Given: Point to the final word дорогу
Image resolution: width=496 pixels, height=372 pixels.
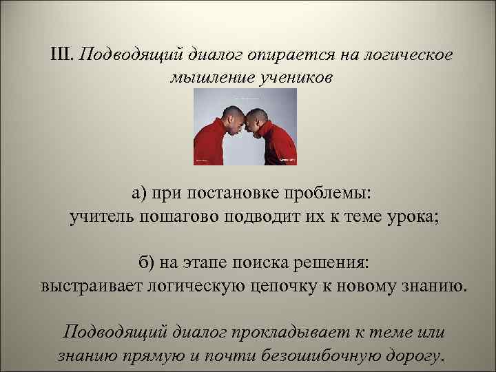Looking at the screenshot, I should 414,355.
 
